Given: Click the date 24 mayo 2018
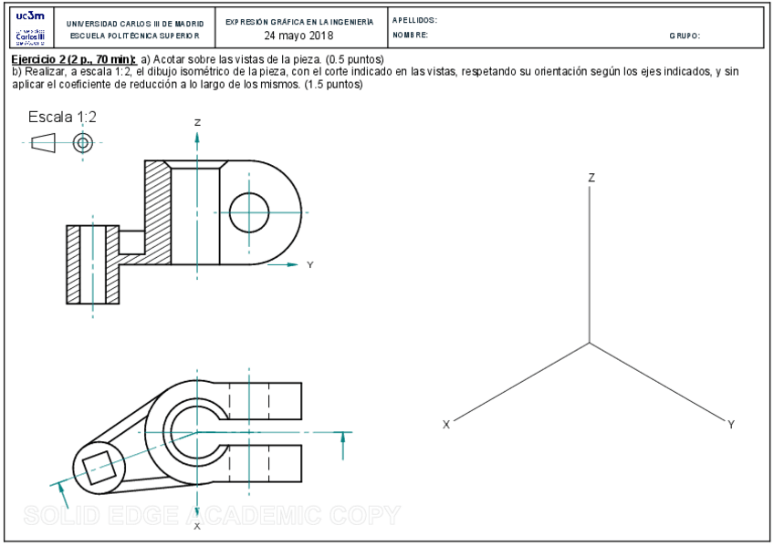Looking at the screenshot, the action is pyautogui.click(x=298, y=36).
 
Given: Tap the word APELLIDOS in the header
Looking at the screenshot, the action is pyautogui.click(x=414, y=20).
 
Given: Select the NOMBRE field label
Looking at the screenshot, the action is pyautogui.click(x=410, y=36).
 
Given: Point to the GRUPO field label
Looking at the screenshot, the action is pyautogui.click(x=685, y=36).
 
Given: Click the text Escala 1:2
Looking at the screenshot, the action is pyautogui.click(x=62, y=117).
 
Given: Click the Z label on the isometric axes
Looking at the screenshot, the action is pyautogui.click(x=591, y=178).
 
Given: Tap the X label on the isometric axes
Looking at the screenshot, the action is pyautogui.click(x=446, y=425).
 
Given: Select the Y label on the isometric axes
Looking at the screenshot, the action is pyautogui.click(x=731, y=425).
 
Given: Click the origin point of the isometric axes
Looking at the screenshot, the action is pyautogui.click(x=590, y=343).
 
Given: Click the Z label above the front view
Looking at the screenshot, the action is pyautogui.click(x=197, y=122).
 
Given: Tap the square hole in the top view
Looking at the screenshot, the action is pyautogui.click(x=99, y=468).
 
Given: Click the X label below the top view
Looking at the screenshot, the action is pyautogui.click(x=197, y=526).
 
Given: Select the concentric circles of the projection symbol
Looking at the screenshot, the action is pyautogui.click(x=83, y=143).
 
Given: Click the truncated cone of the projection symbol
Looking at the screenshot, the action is pyautogui.click(x=43, y=143).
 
